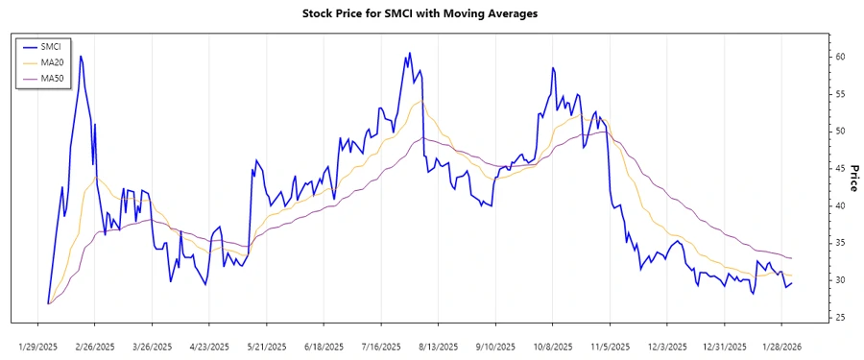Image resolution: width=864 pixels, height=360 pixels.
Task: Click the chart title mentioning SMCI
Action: point(420,14)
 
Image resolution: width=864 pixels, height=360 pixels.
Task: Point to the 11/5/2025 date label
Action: point(611,346)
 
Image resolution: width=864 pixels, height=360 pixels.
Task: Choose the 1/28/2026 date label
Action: point(780,346)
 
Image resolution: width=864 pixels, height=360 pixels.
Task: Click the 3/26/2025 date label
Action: point(153,346)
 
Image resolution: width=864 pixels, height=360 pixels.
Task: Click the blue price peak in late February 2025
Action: point(81,56)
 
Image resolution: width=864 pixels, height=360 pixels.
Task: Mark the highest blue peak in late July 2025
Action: point(409,53)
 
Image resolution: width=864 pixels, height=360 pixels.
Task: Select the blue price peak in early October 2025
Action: point(553,68)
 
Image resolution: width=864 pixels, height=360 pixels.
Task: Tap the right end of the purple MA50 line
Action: point(791,257)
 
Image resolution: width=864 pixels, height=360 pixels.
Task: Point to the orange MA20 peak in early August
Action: point(420,101)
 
